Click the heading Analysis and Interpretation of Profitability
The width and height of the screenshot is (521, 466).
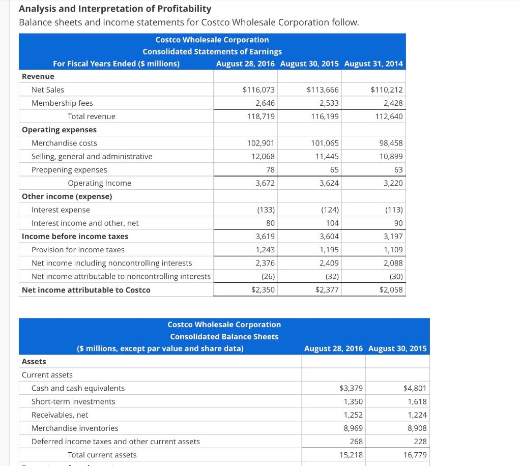[x=115, y=9]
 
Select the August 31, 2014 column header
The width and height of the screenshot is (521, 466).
[x=373, y=64]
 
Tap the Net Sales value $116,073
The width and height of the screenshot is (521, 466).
[x=258, y=90]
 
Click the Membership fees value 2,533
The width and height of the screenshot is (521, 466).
[x=328, y=103]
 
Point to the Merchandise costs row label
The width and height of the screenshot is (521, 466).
[x=64, y=143]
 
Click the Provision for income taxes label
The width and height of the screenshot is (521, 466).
[x=78, y=250]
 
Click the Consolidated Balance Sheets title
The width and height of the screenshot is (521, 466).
[x=224, y=337]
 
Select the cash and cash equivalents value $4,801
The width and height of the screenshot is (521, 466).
[x=415, y=388]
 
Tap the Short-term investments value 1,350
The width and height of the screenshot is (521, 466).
[x=354, y=401]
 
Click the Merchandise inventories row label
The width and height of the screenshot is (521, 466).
[x=75, y=428]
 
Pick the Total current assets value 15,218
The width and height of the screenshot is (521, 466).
[x=351, y=455]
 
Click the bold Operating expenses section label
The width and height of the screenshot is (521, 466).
[x=59, y=130]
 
